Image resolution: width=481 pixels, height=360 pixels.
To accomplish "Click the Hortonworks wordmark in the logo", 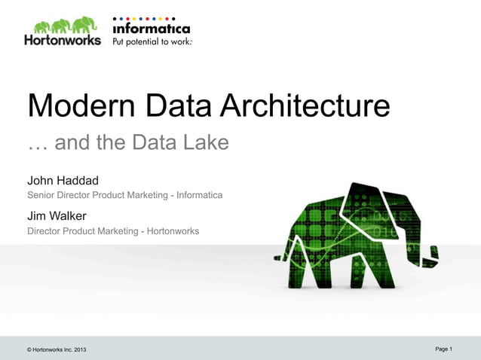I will pyautogui.click(x=63, y=41).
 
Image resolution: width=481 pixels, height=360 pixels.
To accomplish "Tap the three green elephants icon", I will pyautogui.click(x=63, y=23).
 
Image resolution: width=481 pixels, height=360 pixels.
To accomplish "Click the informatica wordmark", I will pyautogui.click(x=151, y=29).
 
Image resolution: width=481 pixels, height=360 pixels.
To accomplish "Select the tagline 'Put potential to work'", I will pyautogui.click(x=152, y=41).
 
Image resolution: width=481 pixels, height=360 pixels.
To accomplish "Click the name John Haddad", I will pyautogui.click(x=63, y=181).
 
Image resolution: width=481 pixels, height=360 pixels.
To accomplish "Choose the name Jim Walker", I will pyautogui.click(x=57, y=216).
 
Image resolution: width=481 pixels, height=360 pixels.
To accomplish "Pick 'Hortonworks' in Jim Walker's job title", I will pyautogui.click(x=173, y=230).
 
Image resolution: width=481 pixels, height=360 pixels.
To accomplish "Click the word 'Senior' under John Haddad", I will pyautogui.click(x=42, y=195).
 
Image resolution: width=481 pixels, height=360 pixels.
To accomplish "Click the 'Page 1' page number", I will pyautogui.click(x=443, y=349).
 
